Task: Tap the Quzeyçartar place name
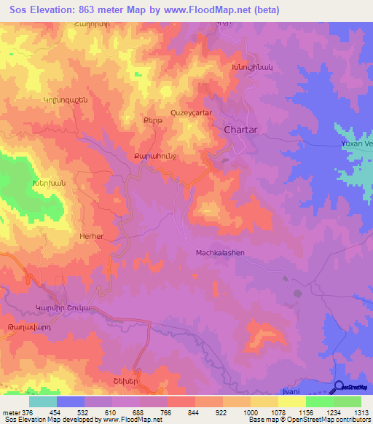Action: [x=190, y=113]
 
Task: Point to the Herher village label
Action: [x=91, y=237]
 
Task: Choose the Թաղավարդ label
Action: [x=27, y=327]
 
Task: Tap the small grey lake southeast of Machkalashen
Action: [x=298, y=294]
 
